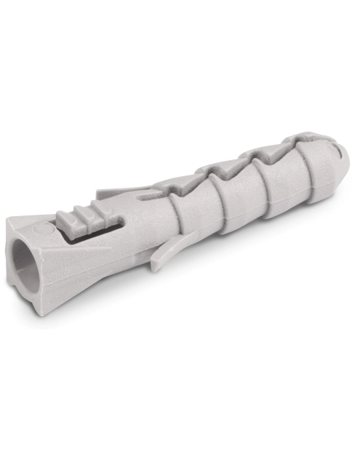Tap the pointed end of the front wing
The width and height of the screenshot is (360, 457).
click(155, 268)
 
